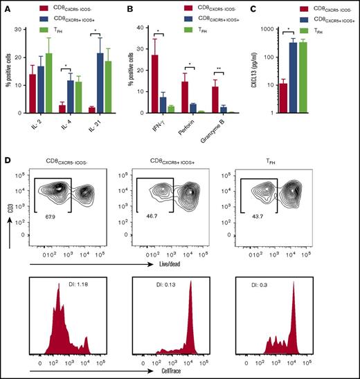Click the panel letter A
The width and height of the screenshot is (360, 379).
[6, 10]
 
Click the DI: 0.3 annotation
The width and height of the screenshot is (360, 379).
[257, 283]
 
